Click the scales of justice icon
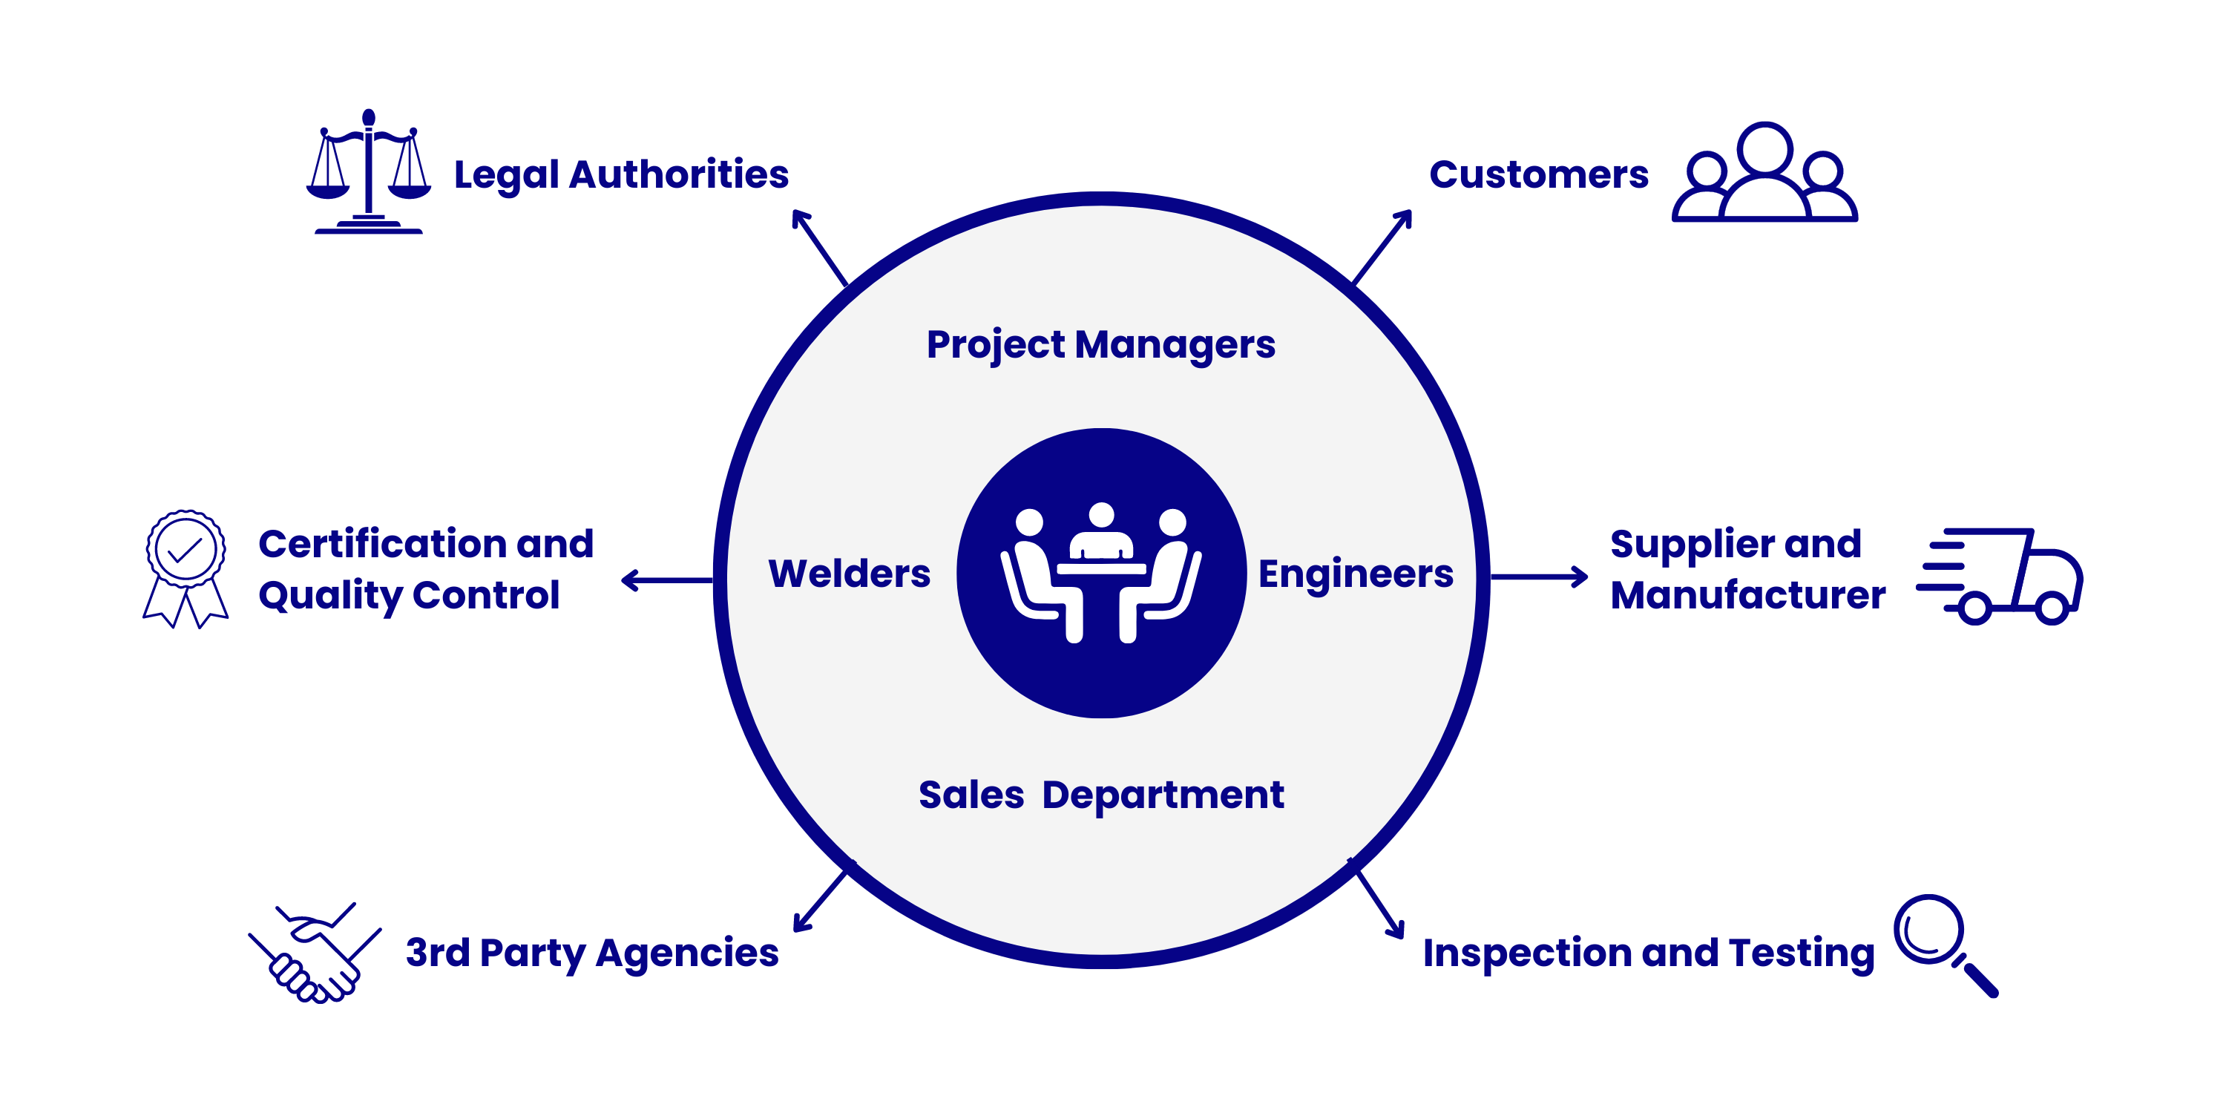(368, 173)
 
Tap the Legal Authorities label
(620, 175)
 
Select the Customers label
(1538, 175)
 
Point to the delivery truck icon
(2001, 577)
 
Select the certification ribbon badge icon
(185, 568)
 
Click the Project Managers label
(1100, 345)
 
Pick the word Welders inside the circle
(849, 574)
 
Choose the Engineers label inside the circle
(1355, 574)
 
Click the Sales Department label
(1101, 795)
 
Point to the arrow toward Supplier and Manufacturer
(1538, 577)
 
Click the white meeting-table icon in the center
(1101, 573)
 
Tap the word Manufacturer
(1747, 595)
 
